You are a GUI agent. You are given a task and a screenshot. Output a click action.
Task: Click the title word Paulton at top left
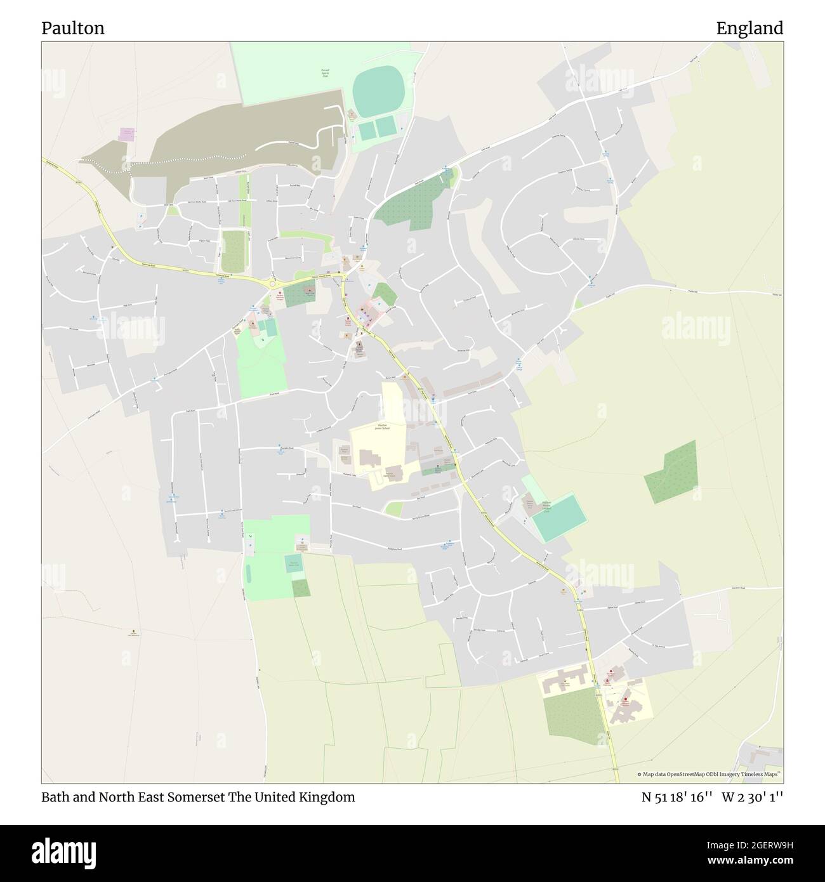click(x=73, y=28)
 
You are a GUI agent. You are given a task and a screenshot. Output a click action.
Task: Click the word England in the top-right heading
click(x=749, y=28)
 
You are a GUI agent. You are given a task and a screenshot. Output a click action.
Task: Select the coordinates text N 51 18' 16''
click(x=677, y=797)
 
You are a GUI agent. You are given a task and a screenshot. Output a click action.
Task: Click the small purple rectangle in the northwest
click(x=128, y=135)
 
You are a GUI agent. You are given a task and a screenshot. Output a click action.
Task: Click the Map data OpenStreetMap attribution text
click(x=709, y=774)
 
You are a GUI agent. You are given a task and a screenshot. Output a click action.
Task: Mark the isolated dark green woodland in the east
click(x=671, y=471)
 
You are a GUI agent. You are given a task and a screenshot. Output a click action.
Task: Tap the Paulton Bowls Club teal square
click(x=293, y=564)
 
